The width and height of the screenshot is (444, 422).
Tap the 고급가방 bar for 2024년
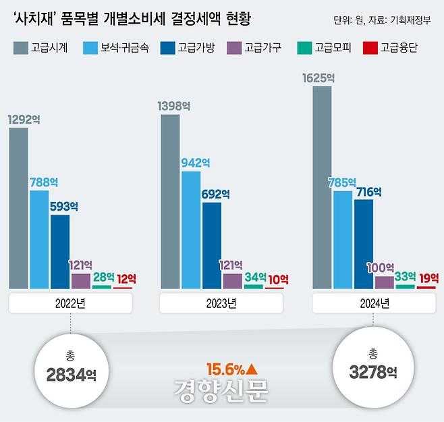coord(363,244)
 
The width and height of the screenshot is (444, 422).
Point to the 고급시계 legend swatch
coord(20,48)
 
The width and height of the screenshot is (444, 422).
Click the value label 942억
coord(196,163)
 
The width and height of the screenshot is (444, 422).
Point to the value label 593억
coord(64,206)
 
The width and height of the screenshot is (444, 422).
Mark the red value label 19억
coord(428,278)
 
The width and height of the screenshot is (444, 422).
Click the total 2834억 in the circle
coord(72,375)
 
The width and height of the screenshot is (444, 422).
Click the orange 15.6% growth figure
coord(225,369)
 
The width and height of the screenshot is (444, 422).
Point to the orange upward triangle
coord(252,369)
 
